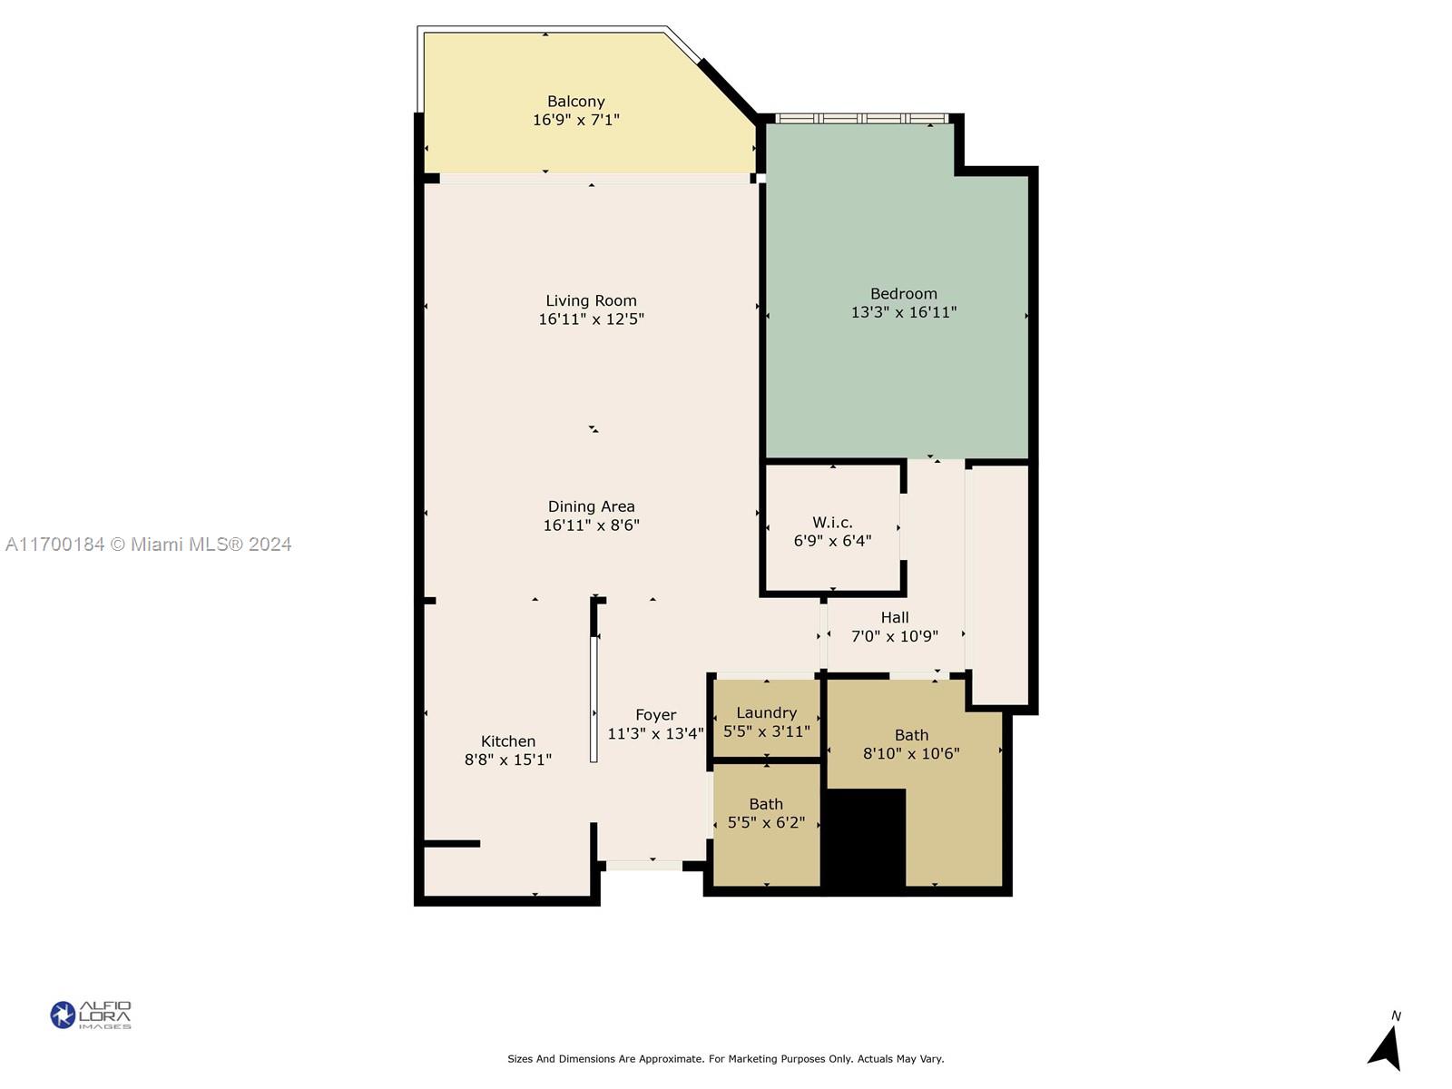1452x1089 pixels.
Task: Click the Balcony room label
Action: click(x=575, y=101)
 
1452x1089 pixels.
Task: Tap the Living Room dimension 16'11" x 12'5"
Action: click(x=591, y=319)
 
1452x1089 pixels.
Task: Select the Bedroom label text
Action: click(x=903, y=293)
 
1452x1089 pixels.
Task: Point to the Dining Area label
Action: click(x=591, y=506)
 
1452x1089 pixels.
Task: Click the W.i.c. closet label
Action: click(x=832, y=523)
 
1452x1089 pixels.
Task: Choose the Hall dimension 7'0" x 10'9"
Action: click(x=895, y=636)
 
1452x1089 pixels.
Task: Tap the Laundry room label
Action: click(x=766, y=712)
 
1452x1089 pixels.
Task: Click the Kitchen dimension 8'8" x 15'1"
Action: click(x=507, y=760)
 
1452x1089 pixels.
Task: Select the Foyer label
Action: click(x=655, y=715)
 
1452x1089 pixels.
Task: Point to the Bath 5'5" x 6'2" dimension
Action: click(x=766, y=822)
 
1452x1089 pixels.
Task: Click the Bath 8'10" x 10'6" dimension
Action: click(x=911, y=753)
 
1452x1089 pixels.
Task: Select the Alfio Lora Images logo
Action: click(x=91, y=1015)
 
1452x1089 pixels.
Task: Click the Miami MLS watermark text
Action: click(x=148, y=544)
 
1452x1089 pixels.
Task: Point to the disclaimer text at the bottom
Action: click(x=726, y=1058)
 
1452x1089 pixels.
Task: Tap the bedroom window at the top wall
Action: click(x=862, y=118)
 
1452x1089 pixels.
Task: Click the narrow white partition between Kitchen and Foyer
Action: click(x=594, y=699)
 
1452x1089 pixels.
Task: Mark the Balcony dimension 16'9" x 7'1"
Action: click(x=575, y=120)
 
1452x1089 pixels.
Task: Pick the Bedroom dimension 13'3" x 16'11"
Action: click(x=904, y=312)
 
